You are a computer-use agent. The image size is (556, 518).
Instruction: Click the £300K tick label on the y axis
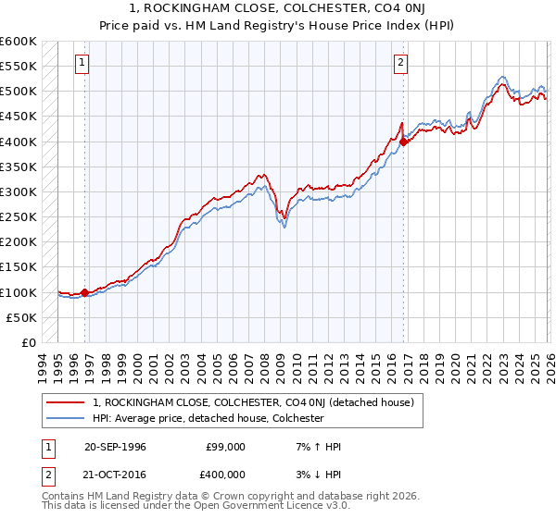coord(19,192)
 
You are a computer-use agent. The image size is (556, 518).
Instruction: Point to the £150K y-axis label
coord(19,267)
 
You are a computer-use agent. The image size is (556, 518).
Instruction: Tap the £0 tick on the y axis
coord(30,342)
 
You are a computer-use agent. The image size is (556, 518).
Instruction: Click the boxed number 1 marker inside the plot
coord(82,63)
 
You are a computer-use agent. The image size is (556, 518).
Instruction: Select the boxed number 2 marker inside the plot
coord(400,63)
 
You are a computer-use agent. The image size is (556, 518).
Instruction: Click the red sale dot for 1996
coord(85,292)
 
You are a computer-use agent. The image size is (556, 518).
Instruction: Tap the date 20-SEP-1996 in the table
coord(116,447)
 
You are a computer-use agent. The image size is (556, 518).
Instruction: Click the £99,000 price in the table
coord(225,447)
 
